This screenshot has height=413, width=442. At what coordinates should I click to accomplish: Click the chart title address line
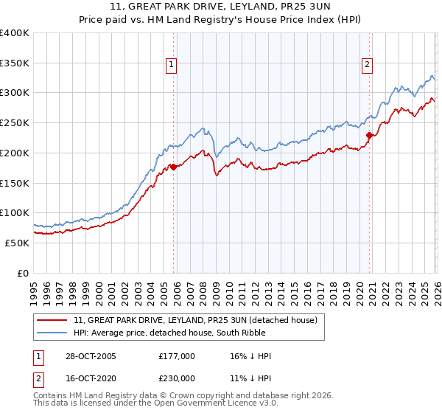click(221, 7)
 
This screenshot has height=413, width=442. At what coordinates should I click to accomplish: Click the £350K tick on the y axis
click(15, 63)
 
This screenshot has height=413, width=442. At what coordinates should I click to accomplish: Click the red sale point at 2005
click(174, 167)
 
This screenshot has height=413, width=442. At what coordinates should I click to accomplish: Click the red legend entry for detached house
click(195, 320)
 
